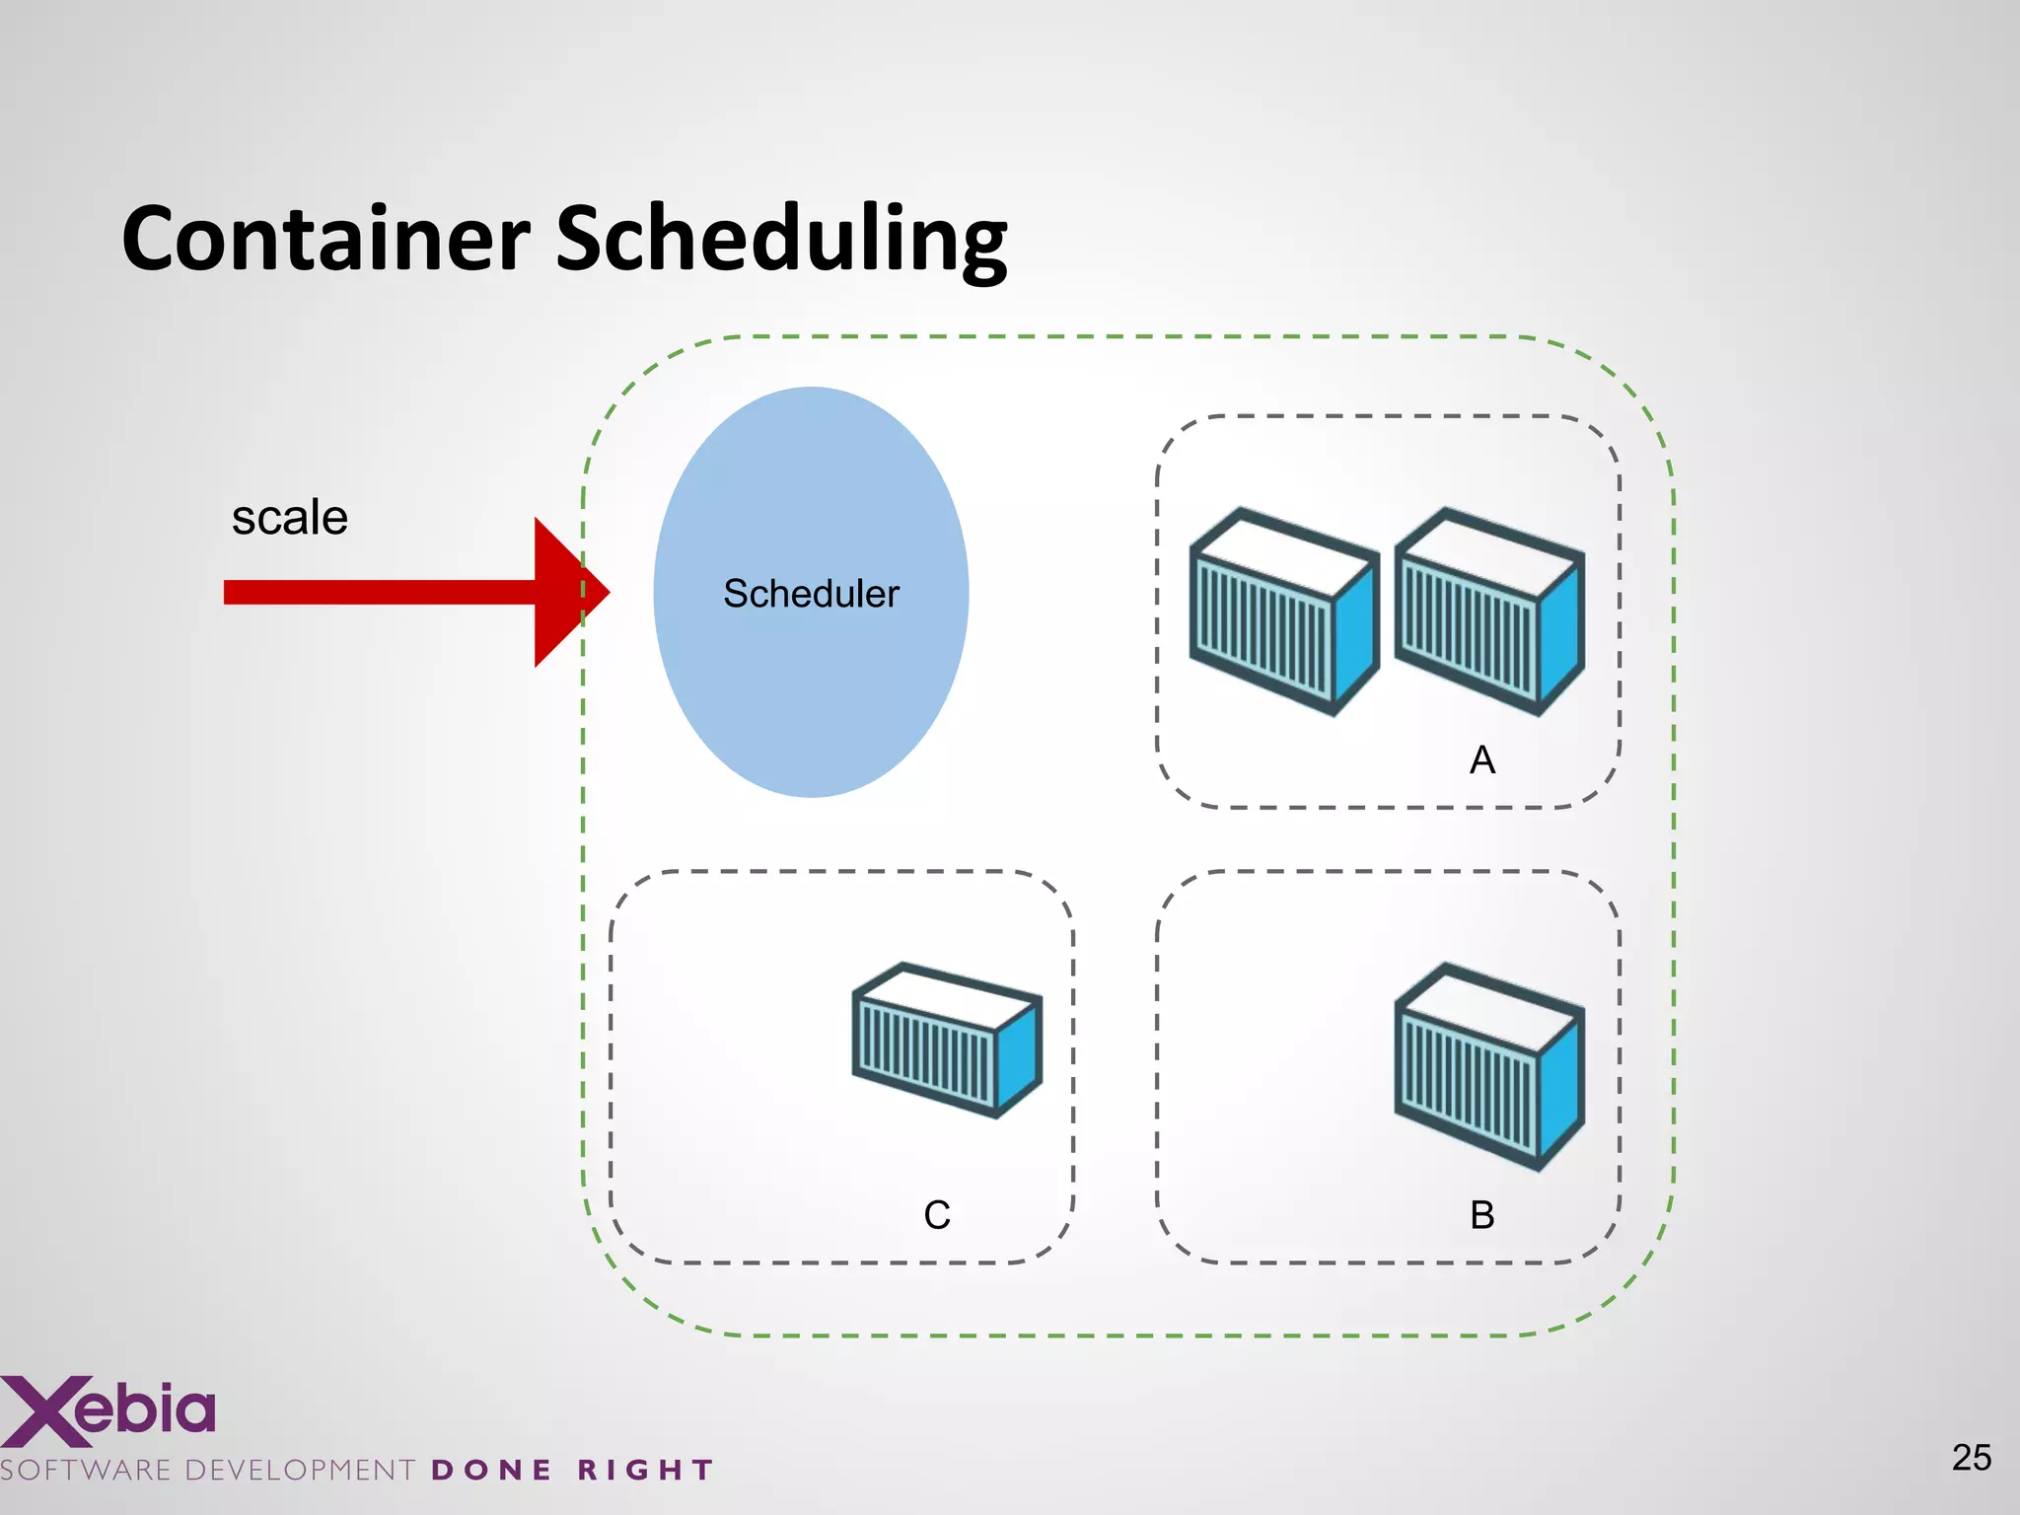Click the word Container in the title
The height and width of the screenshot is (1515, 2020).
(x=325, y=240)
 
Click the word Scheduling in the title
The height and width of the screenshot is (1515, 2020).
(x=781, y=240)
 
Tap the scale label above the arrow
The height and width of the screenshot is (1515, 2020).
(x=289, y=518)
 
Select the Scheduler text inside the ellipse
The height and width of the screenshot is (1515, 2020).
(x=811, y=594)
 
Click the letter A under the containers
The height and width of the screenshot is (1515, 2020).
(x=1481, y=760)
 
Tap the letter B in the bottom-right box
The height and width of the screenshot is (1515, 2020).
(x=1481, y=1215)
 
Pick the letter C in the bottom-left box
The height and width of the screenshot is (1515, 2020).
(x=937, y=1215)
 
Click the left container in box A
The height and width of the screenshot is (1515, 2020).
(x=1282, y=612)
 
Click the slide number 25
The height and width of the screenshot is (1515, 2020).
(x=1971, y=1458)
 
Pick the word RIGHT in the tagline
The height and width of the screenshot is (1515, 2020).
(x=645, y=1471)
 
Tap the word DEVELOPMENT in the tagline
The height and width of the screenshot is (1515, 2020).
(x=300, y=1471)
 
